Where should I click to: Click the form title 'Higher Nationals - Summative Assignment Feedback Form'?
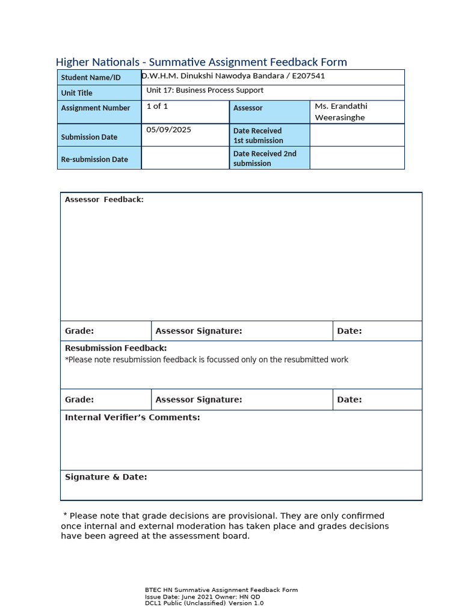pos(201,62)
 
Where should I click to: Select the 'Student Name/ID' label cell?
pos(91,78)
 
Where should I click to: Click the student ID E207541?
pos(307,76)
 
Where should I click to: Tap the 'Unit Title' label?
pos(76,93)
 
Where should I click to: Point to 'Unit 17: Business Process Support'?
pos(205,90)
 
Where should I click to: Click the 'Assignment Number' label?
pos(95,108)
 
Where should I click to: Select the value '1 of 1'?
pos(157,106)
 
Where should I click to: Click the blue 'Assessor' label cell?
pos(248,108)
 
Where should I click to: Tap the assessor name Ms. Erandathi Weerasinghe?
pos(340,112)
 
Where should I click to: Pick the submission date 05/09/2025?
pos(168,129)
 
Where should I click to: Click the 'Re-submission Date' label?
pos(94,159)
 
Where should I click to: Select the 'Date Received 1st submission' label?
pos(258,135)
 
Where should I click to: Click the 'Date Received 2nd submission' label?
pos(265,158)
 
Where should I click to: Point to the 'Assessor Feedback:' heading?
pos(104,200)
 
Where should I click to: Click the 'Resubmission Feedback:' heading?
pos(115,348)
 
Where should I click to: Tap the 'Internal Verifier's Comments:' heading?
pos(132,417)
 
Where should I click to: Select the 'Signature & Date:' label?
pos(106,477)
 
